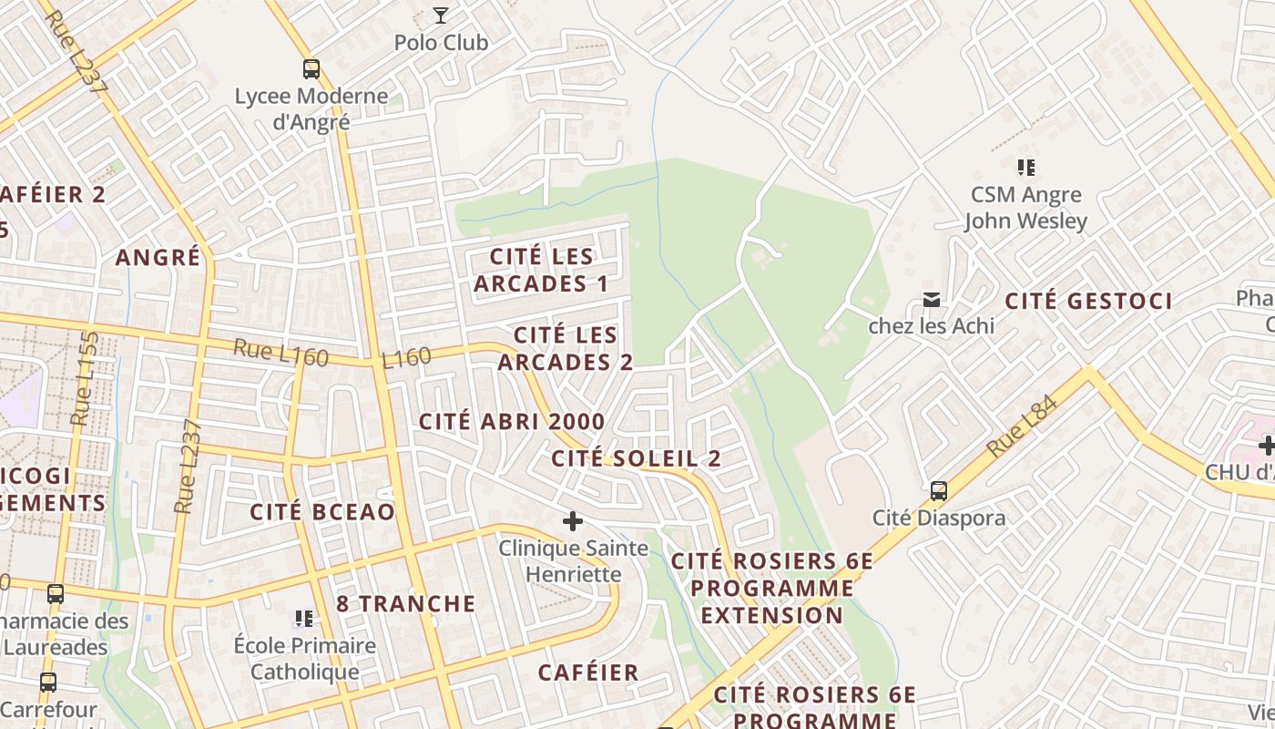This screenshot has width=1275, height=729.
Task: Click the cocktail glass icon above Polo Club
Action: [x=441, y=15]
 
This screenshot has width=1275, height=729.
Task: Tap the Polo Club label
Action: [x=441, y=43]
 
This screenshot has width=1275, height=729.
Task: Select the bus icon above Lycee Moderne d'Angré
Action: [x=311, y=68]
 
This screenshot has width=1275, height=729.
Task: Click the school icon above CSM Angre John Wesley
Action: [x=1026, y=168]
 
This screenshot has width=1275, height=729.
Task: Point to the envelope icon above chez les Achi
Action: [x=932, y=300]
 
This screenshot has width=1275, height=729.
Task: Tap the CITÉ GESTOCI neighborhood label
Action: [x=1088, y=301]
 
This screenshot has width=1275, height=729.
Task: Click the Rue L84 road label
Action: [x=1023, y=426]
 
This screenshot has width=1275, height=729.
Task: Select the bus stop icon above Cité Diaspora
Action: [x=939, y=491]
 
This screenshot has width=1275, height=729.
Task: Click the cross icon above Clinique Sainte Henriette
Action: [x=573, y=521]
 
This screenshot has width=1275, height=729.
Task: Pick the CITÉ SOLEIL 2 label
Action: [x=636, y=458]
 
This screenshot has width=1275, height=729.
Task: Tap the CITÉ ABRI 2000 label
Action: [x=512, y=421]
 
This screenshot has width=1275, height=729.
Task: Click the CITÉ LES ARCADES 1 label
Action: [x=541, y=271]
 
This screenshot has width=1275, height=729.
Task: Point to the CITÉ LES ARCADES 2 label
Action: [x=566, y=349]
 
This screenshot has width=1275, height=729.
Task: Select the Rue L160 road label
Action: [x=280, y=353]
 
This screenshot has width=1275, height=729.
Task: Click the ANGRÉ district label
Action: [x=158, y=257]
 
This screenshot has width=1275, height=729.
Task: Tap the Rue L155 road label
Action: [x=85, y=378]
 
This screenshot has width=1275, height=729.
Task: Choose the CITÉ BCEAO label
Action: [x=322, y=511]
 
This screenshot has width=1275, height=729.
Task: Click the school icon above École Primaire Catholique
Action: [x=304, y=619]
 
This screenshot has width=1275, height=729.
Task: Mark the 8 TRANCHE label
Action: [x=405, y=603]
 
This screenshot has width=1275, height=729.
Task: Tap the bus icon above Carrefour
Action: [x=48, y=682]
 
